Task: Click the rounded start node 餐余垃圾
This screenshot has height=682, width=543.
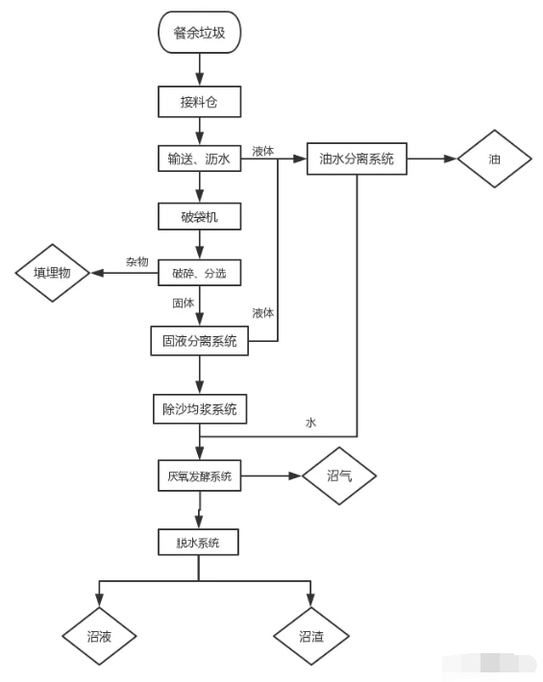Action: point(199,34)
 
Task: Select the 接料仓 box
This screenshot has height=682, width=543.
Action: point(198,101)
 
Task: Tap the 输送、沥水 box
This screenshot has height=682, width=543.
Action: point(198,159)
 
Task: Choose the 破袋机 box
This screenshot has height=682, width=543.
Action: point(198,216)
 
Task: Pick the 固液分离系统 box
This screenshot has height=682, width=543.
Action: point(198,340)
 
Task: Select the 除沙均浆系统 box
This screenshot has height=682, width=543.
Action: point(199,408)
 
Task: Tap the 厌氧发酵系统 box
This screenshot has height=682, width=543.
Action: point(198,475)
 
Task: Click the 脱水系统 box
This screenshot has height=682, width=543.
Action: point(198,543)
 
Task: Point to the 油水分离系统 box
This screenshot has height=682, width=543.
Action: point(357,159)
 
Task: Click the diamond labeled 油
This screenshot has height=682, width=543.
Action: point(494,159)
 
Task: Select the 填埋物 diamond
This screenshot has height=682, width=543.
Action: point(52,273)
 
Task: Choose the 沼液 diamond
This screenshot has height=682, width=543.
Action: point(99,636)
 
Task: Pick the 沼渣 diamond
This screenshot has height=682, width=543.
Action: point(310,636)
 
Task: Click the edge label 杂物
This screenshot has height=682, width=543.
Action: point(136,262)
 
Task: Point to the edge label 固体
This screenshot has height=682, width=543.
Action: point(183,303)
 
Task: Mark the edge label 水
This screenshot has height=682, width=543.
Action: point(310,423)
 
